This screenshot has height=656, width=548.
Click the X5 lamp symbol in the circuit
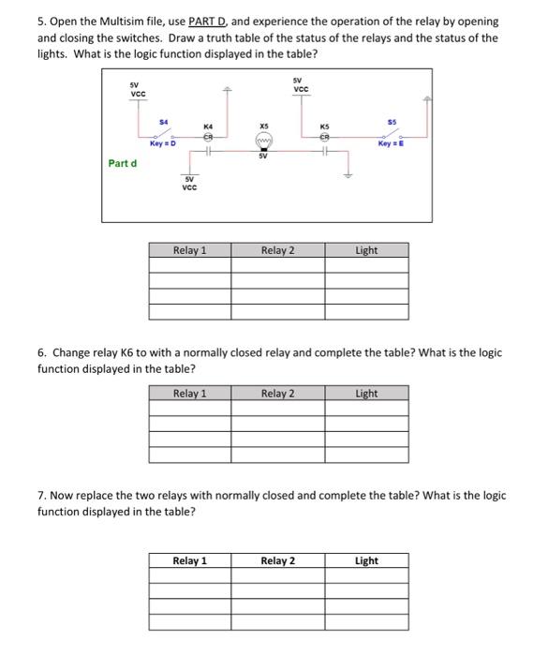[x=264, y=142]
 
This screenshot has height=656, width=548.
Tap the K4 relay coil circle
[x=208, y=134]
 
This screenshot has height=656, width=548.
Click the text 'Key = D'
[x=163, y=143]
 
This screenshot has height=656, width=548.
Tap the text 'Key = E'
[x=391, y=143]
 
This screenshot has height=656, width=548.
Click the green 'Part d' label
[x=122, y=163]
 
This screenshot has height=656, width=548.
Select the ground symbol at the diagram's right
[x=350, y=172]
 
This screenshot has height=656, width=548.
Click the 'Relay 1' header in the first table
[x=190, y=250]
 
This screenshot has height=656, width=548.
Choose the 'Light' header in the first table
[x=366, y=250]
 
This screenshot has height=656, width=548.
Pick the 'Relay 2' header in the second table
[x=278, y=394]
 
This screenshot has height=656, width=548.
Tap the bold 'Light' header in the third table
[x=366, y=560]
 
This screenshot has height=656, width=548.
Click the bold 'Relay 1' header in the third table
[x=190, y=560]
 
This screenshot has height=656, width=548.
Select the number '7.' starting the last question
[x=42, y=496]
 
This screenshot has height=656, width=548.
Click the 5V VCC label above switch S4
[x=138, y=89]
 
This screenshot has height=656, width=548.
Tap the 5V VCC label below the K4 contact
[x=190, y=184]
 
